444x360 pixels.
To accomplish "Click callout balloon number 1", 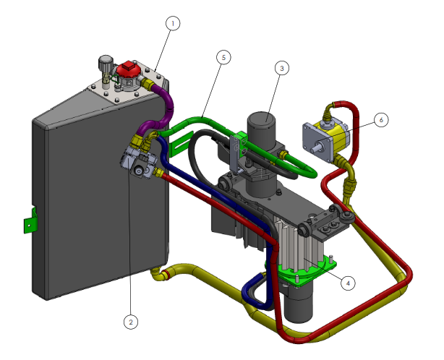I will pos(171,23).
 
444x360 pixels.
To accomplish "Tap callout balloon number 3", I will pos(282,68).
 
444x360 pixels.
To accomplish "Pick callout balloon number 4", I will pos(348,283).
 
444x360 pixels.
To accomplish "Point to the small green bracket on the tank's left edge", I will pos(29,220).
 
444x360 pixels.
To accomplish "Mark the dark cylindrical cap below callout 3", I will pos(264,129).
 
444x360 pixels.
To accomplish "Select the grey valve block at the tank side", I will pos(135,160).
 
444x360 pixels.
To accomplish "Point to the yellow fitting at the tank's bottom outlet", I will pos(163,274).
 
